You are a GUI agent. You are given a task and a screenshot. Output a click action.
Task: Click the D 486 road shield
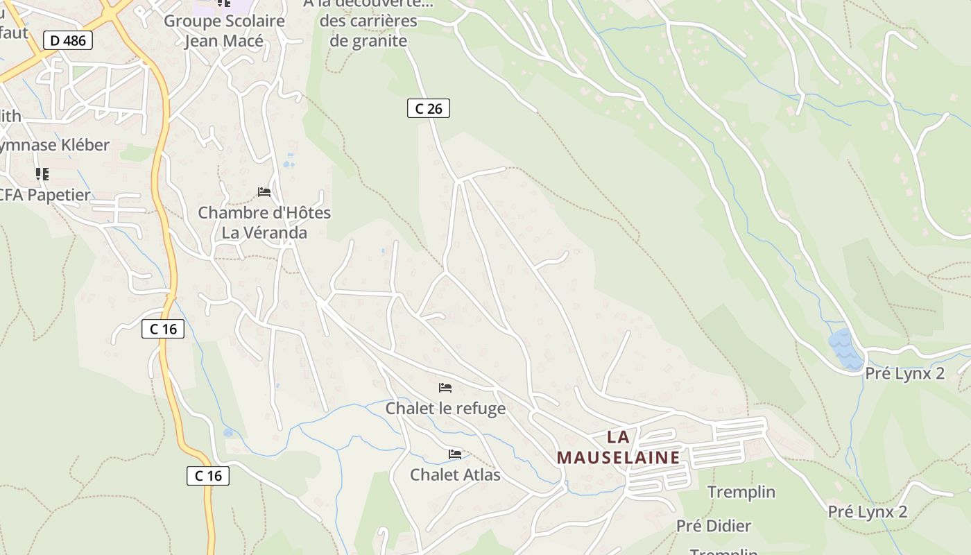[x=69, y=40]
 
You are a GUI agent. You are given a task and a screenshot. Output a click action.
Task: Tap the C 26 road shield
[x=428, y=108]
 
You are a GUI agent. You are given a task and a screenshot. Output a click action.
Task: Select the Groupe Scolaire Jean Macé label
[x=224, y=31]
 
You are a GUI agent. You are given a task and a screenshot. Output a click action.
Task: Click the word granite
[x=368, y=40]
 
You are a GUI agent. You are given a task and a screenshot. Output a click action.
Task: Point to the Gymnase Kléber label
[x=53, y=145]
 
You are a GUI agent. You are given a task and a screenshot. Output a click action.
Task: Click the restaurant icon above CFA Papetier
[x=42, y=173]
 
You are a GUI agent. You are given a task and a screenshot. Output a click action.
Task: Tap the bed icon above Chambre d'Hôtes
[x=264, y=191]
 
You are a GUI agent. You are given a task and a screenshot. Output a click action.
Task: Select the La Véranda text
[x=264, y=232]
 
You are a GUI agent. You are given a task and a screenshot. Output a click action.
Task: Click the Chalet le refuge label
[x=445, y=408]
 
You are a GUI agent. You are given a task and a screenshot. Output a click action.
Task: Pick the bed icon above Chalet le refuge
[x=445, y=388]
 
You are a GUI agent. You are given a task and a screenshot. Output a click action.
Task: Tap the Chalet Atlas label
[x=455, y=475]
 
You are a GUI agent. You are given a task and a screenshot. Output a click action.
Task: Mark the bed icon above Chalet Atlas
[x=455, y=454]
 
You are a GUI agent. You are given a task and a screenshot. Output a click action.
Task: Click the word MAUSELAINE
[x=618, y=457]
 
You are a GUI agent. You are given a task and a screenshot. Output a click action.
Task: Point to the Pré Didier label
[x=714, y=526]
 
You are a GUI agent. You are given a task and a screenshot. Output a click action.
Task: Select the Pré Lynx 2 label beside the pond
[x=904, y=373]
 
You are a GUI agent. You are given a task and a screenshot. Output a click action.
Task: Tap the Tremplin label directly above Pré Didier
[x=741, y=492]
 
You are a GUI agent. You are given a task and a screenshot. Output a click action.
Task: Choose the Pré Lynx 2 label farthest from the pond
[x=867, y=512]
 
